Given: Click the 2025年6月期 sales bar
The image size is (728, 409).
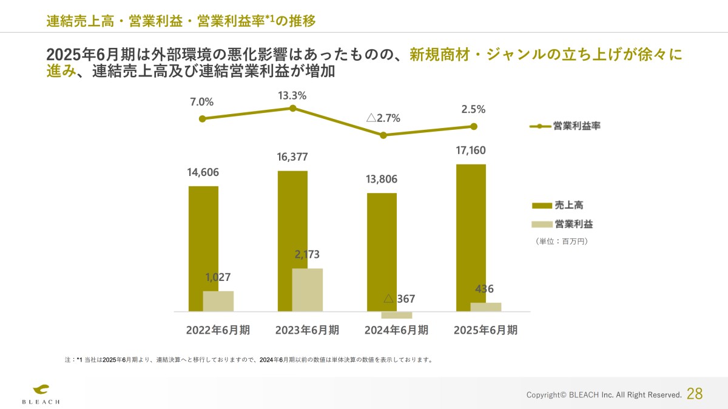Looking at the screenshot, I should coord(471,237).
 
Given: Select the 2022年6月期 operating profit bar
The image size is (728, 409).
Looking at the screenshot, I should coord(218,301).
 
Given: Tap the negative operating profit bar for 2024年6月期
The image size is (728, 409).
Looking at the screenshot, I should coord(397,315).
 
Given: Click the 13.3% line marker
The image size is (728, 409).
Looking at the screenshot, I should coord(292,108).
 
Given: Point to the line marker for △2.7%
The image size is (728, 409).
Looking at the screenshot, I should coord(383,135).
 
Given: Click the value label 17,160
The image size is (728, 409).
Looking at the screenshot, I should coord(471,150).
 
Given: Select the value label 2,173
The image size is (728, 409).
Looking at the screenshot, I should coord(307,254).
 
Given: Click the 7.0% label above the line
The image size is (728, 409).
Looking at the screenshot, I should coord(202,101).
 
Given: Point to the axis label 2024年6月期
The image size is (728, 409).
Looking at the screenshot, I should coord(396,330).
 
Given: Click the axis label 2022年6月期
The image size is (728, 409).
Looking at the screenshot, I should coord(218,330).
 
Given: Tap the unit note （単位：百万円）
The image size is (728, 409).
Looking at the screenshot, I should coord(562,241).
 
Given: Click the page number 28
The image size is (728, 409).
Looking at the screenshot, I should coord(695,394).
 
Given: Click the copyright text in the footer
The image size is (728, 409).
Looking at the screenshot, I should coord(604,395).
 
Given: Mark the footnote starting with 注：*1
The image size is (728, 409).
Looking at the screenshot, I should coord(249,360).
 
